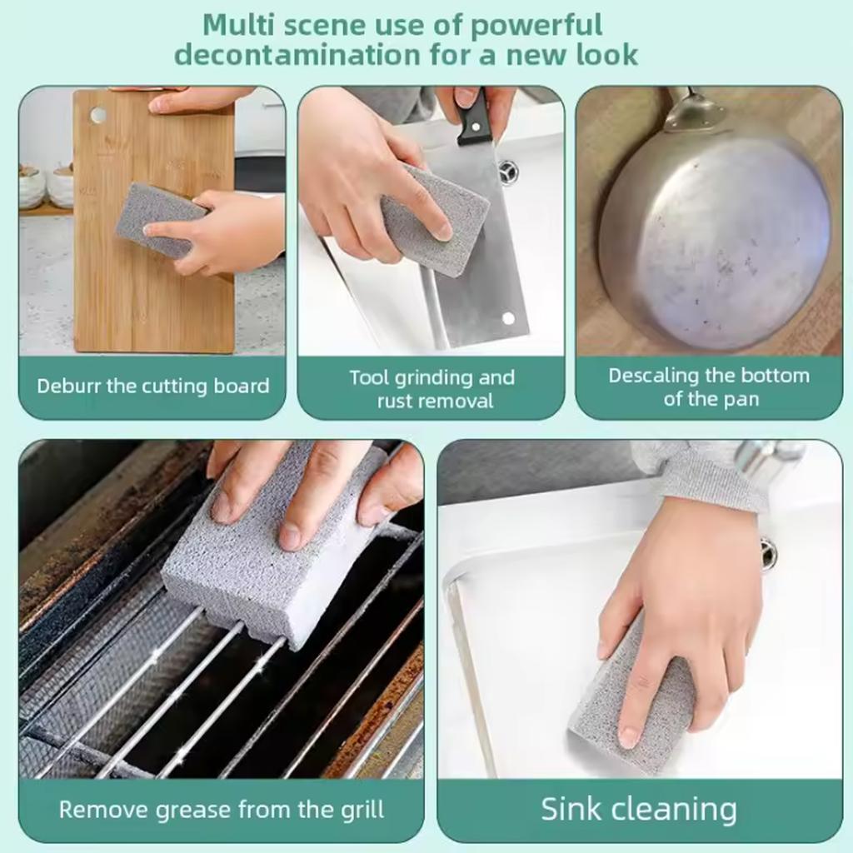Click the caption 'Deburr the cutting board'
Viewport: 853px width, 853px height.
152,387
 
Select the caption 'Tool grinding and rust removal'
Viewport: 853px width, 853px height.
431,388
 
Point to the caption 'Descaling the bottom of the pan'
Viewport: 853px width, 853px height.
709,387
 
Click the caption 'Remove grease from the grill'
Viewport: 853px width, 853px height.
222,808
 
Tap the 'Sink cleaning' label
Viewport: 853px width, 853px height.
639,809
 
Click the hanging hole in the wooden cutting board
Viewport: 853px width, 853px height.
99,115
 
